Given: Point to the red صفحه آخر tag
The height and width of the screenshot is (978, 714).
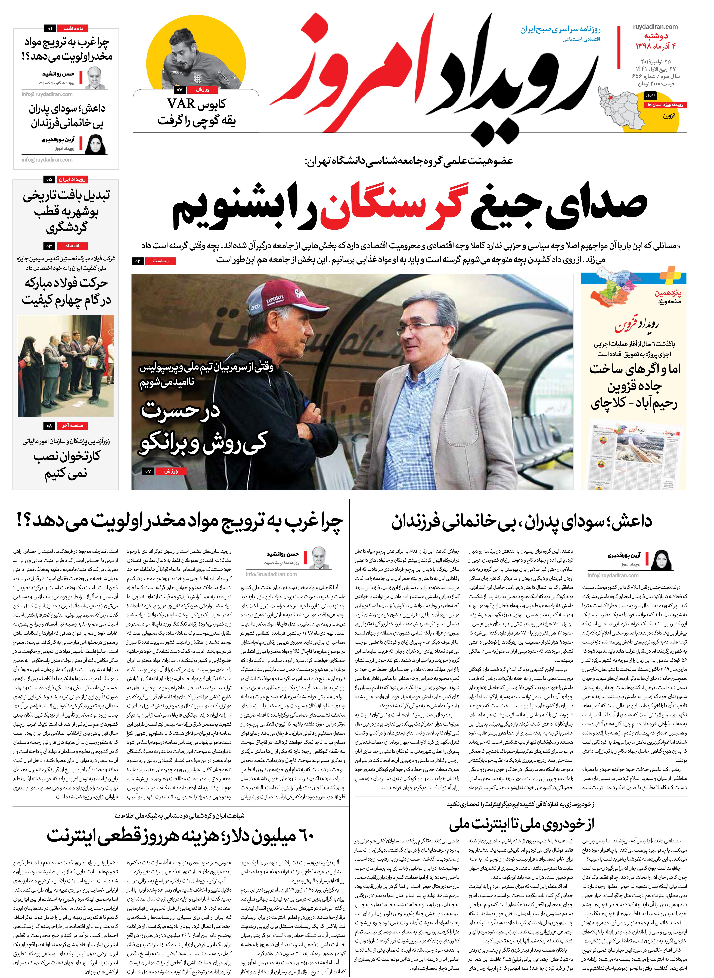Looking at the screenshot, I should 72,426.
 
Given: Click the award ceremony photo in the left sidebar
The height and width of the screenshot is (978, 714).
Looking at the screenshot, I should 66,365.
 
